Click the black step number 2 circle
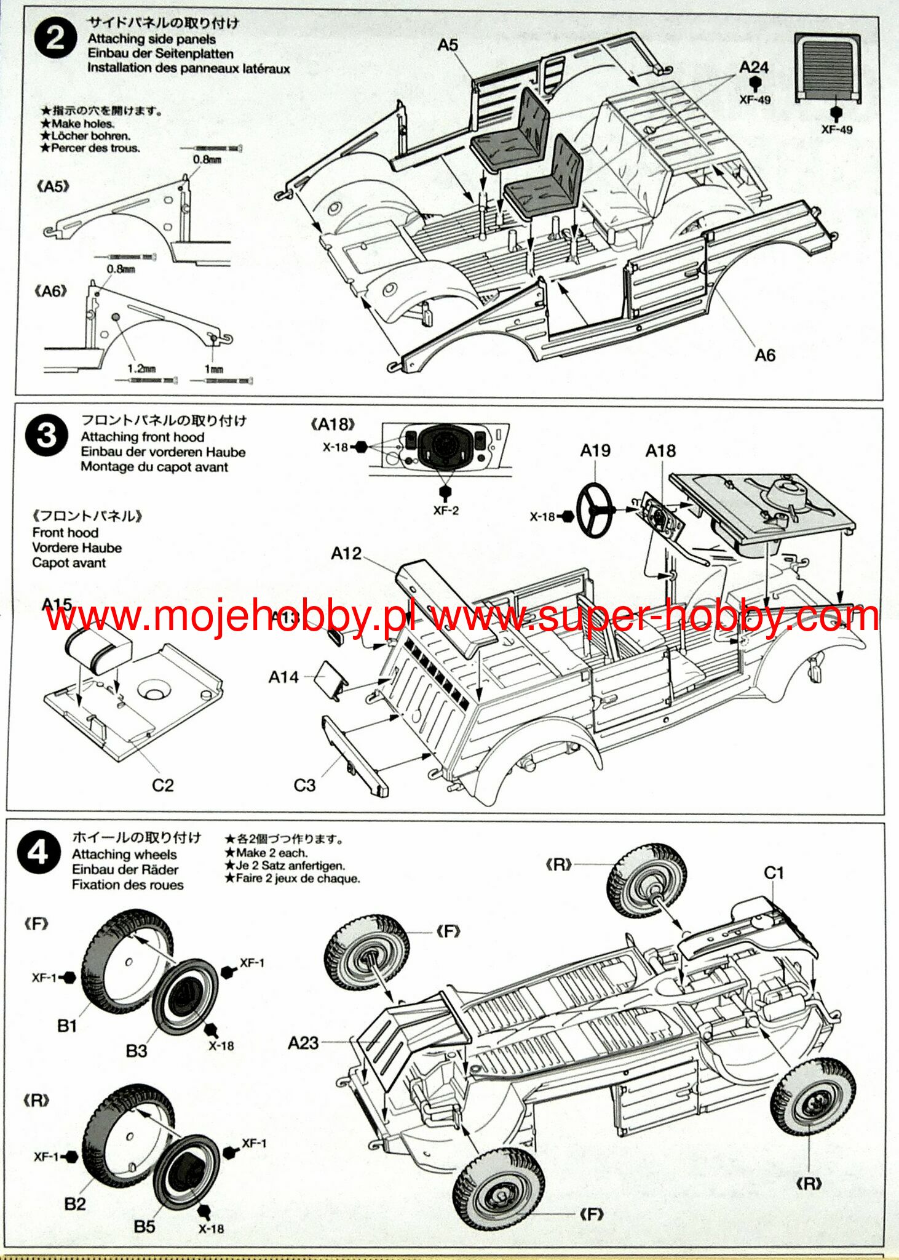(x=55, y=38)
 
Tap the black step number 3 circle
(x=46, y=436)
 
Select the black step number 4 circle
(x=38, y=853)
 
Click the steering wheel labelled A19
(x=595, y=510)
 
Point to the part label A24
(x=754, y=67)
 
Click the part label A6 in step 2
(x=764, y=355)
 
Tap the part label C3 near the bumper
(x=304, y=786)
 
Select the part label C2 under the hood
(x=163, y=785)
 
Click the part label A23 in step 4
(x=303, y=1043)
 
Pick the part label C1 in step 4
(x=774, y=873)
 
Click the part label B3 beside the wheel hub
(x=137, y=1051)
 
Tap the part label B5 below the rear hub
(x=145, y=1226)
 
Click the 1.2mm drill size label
(x=141, y=369)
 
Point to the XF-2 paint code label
(x=446, y=511)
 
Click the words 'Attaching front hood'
(x=143, y=437)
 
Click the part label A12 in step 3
(x=346, y=554)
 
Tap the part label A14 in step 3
(x=283, y=677)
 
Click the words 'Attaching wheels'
(x=124, y=855)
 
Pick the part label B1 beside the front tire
(x=67, y=1026)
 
